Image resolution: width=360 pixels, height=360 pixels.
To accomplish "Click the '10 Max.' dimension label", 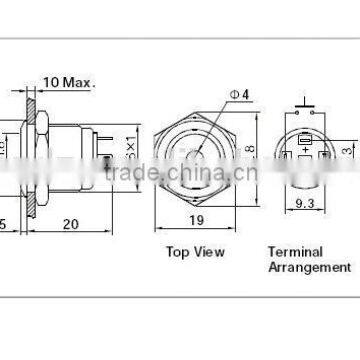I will (x=67, y=80).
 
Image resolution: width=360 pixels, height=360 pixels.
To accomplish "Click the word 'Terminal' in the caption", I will (x=291, y=252).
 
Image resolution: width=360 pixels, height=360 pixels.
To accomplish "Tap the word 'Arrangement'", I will (x=308, y=267).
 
